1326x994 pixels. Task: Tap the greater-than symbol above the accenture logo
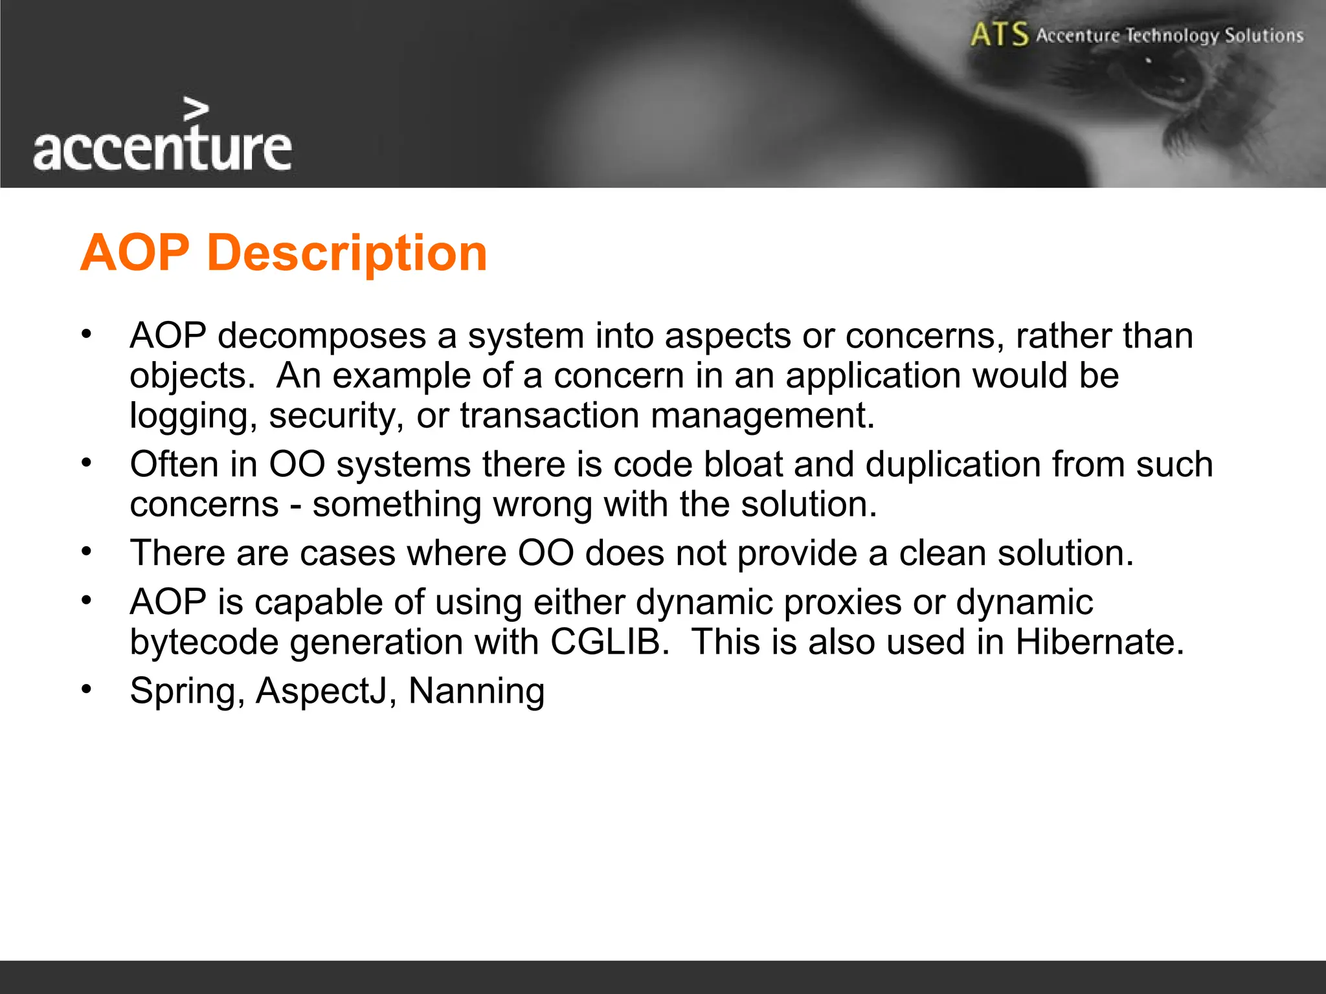coord(196,109)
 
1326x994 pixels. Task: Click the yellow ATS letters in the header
coord(999,34)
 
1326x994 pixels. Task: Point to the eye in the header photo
coord(1162,81)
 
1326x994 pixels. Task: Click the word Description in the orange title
coord(346,254)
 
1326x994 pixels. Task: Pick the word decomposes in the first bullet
coord(322,337)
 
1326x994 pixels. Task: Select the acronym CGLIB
coord(609,642)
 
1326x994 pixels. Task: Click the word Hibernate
coord(1099,642)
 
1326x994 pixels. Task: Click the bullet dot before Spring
coord(87,690)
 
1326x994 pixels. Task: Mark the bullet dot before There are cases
coord(87,552)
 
